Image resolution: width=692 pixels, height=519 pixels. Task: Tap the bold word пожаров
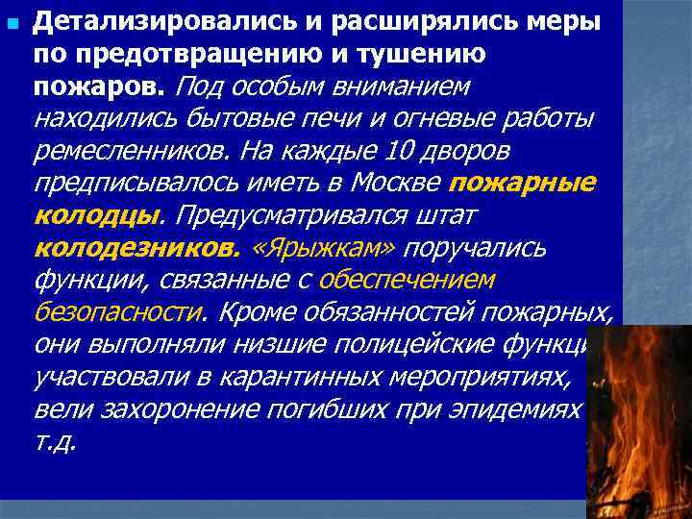[x=99, y=86]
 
